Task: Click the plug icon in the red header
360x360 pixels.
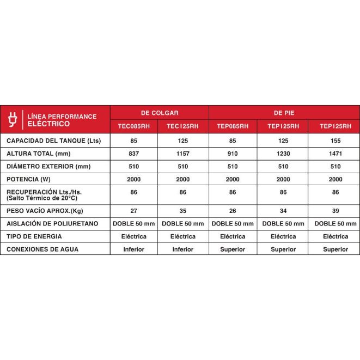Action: pos(13,119)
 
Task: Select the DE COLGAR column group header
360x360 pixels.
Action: pos(160,112)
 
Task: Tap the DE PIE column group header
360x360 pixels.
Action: pos(284,112)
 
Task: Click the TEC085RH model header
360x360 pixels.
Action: pos(133,126)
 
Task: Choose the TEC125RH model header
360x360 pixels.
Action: pos(183,126)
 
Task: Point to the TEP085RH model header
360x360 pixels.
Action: pos(233,126)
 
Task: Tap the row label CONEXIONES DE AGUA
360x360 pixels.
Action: pos(42,249)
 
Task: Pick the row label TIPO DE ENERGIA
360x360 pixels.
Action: pos(34,236)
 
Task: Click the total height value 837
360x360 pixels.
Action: pos(133,154)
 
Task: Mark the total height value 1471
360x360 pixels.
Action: pos(335,154)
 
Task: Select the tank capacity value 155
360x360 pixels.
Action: pos(335,141)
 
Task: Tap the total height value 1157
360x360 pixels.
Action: pos(183,154)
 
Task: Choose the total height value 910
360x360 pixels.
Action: pos(233,154)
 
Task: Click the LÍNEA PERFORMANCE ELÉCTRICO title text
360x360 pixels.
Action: pos(62,120)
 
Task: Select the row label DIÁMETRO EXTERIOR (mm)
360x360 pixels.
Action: pos(48,166)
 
